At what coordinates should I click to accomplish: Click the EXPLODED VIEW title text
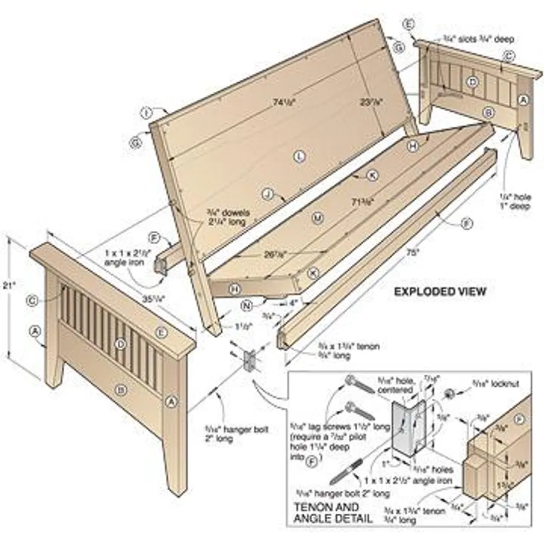click(439, 291)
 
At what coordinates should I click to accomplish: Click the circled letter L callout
click(300, 157)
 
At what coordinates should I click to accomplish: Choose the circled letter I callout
click(146, 112)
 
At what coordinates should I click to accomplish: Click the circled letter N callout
click(246, 305)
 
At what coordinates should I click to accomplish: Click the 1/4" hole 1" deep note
click(514, 201)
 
